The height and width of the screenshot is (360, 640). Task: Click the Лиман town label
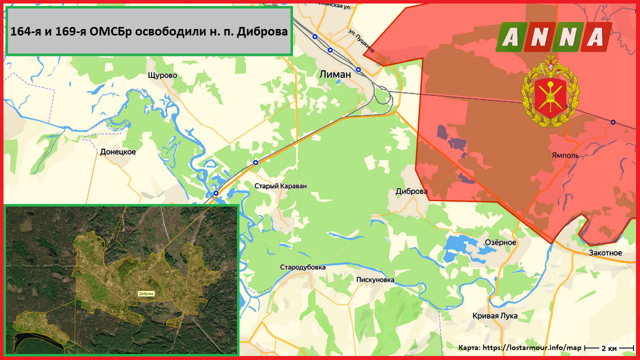coord(335,74)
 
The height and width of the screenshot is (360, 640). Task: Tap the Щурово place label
coord(162,75)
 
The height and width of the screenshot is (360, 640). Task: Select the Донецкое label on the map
coord(118,151)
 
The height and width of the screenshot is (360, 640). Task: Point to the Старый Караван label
coord(280,186)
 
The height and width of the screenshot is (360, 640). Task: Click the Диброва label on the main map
coord(411,191)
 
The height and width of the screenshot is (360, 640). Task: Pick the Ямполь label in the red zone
coord(565,155)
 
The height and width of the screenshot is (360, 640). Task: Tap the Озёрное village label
coord(500,242)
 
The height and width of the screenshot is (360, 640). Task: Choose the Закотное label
coord(605,253)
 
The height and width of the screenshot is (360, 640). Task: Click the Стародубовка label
coord(303,267)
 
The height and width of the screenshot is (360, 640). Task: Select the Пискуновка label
coord(375,280)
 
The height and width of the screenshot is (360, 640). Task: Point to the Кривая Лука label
coord(495,316)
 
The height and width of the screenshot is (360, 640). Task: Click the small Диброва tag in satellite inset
coord(146,293)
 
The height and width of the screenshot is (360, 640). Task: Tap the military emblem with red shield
coord(550,91)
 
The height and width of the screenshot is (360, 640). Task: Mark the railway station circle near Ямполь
coord(613,122)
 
